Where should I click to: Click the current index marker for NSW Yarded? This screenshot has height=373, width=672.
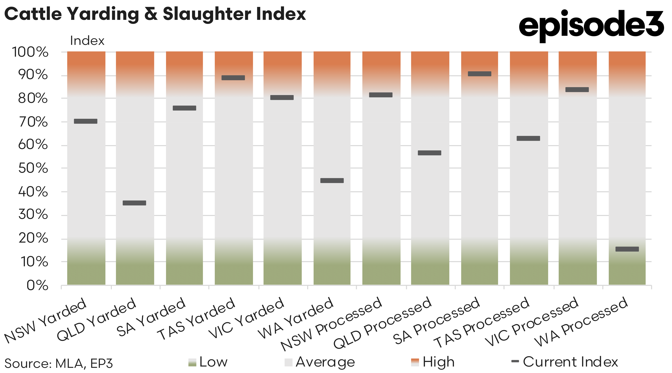(x=86, y=121)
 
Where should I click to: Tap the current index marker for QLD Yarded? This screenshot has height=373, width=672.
(x=134, y=203)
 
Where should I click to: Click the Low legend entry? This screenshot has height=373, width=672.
(x=208, y=362)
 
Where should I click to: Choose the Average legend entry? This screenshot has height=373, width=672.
(x=320, y=362)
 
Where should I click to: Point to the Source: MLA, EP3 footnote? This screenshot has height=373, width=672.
(x=59, y=363)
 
